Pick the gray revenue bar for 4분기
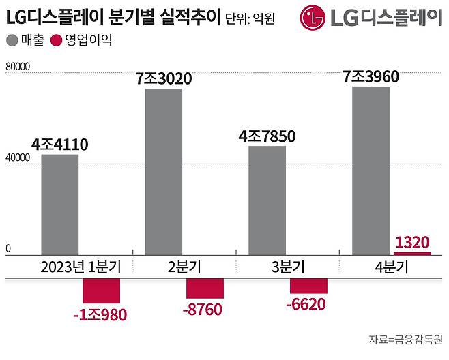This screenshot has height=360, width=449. pos(370,170)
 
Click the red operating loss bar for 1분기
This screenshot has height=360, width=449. pos(101,291)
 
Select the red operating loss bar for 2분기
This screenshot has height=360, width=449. pos(205,288)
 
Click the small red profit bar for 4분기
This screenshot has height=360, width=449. pos(412,253)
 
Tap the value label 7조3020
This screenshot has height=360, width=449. pos(164,79)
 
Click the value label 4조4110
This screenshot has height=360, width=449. pos(60,144)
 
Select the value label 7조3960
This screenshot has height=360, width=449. pos(370,76)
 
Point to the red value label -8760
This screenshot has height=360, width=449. pos(204,310)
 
